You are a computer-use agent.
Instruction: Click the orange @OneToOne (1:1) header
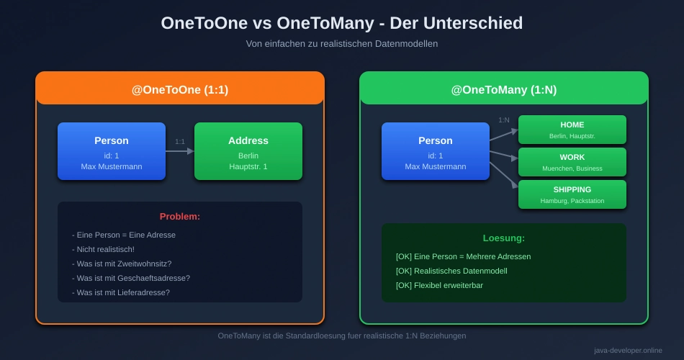click(x=179, y=90)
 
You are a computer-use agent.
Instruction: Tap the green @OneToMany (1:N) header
click(x=503, y=90)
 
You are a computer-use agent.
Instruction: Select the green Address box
click(x=248, y=151)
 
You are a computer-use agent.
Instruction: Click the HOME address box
click(x=572, y=130)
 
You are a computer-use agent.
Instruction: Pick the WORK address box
click(x=572, y=162)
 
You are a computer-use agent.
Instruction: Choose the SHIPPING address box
click(x=572, y=194)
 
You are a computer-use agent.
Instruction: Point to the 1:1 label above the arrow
click(x=180, y=141)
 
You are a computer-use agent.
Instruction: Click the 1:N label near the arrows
click(x=504, y=120)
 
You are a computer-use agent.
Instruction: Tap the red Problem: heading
click(x=180, y=216)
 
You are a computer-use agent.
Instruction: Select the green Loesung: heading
click(x=503, y=238)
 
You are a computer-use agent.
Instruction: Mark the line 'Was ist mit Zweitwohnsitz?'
click(x=122, y=264)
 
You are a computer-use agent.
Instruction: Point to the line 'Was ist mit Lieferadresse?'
click(x=121, y=292)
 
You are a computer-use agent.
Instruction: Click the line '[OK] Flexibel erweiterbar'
click(x=439, y=285)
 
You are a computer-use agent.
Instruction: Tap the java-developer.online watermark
click(x=628, y=351)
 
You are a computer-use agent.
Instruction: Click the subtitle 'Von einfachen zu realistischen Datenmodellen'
click(x=341, y=43)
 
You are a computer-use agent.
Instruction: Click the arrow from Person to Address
click(x=180, y=151)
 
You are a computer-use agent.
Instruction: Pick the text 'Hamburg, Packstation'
click(x=572, y=201)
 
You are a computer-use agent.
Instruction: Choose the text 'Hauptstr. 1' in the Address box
click(x=248, y=166)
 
